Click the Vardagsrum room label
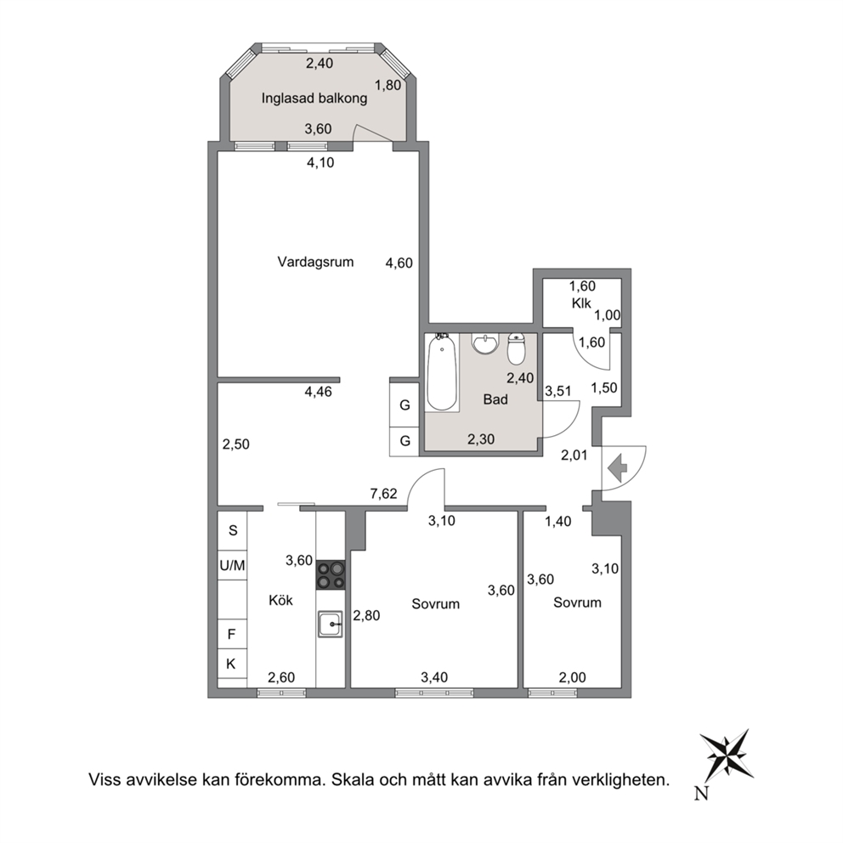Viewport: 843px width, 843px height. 315,263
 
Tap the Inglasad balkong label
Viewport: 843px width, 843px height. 314,99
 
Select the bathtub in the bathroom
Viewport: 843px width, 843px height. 442,372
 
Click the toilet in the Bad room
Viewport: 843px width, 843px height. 516,348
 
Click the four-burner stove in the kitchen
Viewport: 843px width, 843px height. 331,574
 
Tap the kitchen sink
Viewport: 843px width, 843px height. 330,625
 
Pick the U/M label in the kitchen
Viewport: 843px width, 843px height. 232,566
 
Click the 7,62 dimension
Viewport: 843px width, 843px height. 383,494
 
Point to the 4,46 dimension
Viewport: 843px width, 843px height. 319,392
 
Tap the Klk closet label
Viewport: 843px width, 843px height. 581,303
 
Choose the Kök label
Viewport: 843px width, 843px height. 280,600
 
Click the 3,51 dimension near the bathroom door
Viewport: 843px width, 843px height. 558,391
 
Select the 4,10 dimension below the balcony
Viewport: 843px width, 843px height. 320,162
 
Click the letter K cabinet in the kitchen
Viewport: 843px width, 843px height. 231,664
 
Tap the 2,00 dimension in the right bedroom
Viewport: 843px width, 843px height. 572,677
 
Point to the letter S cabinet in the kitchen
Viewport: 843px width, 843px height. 233,530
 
